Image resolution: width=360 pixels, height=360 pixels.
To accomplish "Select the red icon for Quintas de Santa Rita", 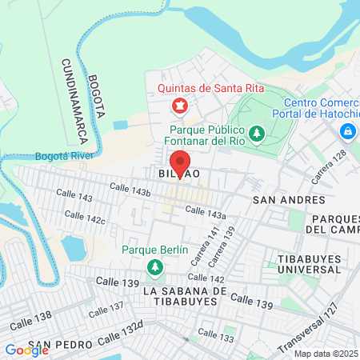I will click(180, 106).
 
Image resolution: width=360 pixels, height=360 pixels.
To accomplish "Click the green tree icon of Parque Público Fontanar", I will click(257, 133).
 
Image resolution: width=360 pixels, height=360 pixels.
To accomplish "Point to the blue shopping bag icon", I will click(348, 130).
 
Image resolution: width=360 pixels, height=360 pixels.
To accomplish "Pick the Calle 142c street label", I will click(86, 218).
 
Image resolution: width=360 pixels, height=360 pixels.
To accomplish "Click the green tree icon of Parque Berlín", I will click(153, 266).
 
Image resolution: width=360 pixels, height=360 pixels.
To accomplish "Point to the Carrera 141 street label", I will click(210, 241).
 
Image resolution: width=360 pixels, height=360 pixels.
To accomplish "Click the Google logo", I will click(26, 350).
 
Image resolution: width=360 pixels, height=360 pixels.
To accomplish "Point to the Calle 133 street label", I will click(215, 335).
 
